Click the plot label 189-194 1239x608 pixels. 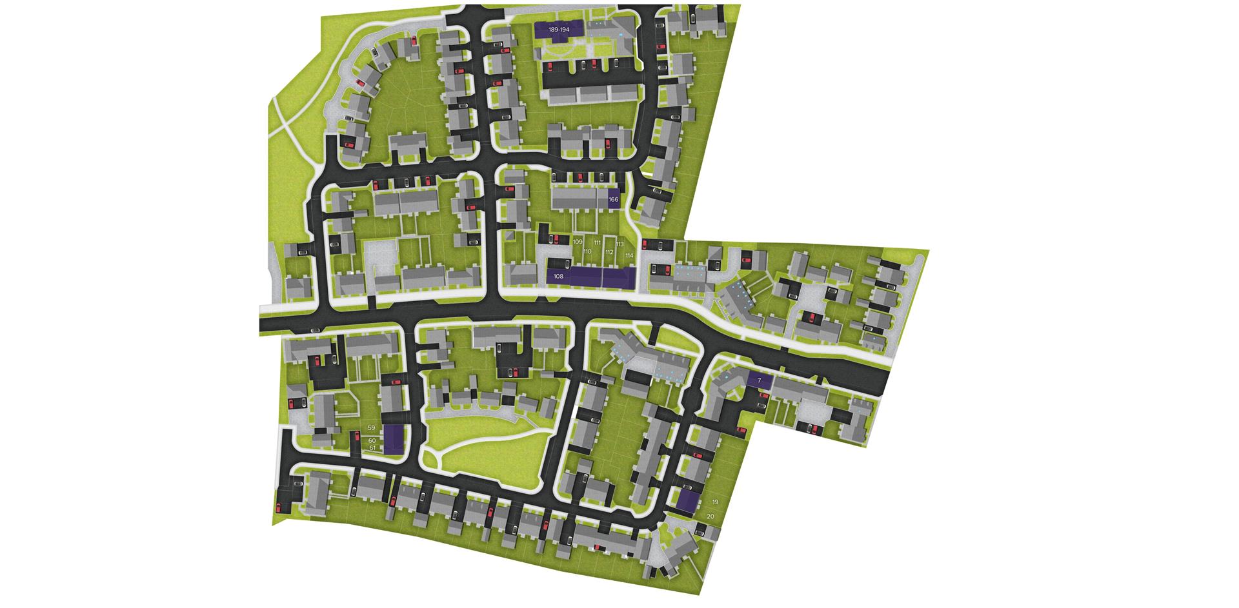click(559, 30)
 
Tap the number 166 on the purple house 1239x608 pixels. click(613, 200)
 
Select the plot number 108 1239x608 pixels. click(559, 276)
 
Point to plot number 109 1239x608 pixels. click(578, 242)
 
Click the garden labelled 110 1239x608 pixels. click(587, 251)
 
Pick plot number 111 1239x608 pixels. click(598, 242)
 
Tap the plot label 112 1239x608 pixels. click(609, 252)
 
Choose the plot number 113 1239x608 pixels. click(619, 244)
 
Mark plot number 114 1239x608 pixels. click(629, 256)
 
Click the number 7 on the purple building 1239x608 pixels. click(760, 381)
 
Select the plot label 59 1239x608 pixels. click(371, 427)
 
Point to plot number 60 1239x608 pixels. click(372, 440)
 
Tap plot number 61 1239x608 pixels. click(372, 447)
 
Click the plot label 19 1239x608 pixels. click(715, 502)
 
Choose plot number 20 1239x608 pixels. click(710, 516)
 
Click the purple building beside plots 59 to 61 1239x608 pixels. click(392, 438)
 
